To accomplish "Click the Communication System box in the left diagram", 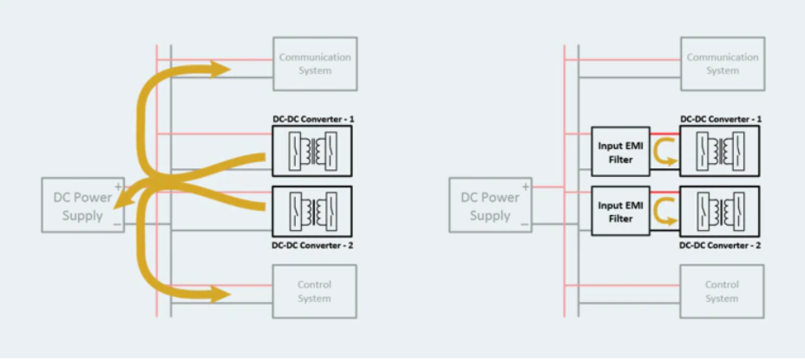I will coord(315,63).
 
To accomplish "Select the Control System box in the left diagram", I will coord(315,291).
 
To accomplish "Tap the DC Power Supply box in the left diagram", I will coord(83,205).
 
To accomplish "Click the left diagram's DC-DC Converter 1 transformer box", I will coord(312,153).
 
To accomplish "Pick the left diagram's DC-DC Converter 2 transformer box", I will coord(312,210).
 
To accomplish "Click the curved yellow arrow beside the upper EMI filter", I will coord(664,153).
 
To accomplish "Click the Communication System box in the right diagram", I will coord(722,63).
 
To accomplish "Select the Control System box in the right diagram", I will coord(722,291).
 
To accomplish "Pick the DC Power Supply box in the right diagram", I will coord(490,206).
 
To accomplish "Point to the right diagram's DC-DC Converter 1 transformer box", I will coord(720,153).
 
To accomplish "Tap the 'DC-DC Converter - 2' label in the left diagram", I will coord(312,245).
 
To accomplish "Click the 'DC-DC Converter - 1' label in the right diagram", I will coord(720,118).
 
